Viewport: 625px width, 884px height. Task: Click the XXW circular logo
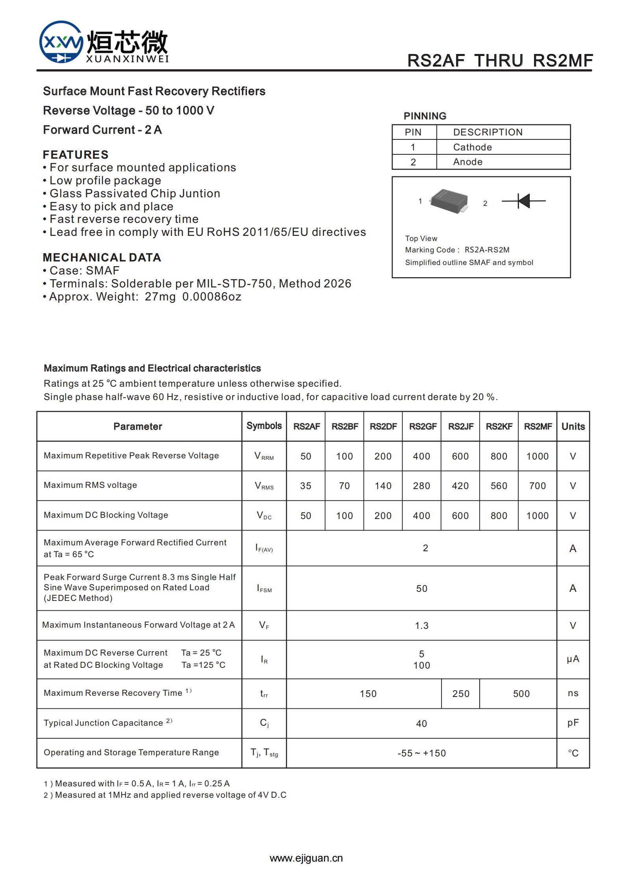point(61,42)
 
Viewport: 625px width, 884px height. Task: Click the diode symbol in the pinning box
point(523,201)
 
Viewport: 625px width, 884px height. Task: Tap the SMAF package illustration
point(449,202)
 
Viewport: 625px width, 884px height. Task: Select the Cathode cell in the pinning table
point(472,147)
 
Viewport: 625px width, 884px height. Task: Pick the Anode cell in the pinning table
point(467,162)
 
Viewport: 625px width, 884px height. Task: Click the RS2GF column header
point(422,426)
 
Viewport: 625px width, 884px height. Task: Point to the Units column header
point(573,426)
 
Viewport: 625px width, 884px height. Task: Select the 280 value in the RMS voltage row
point(421,486)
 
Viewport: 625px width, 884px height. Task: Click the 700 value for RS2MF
point(537,486)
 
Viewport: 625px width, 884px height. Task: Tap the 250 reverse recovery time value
point(461,694)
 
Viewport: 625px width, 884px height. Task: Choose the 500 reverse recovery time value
point(521,694)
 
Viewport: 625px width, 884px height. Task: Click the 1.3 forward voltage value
point(421,626)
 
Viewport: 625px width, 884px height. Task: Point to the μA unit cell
point(573,659)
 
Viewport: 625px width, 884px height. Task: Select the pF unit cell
point(573,723)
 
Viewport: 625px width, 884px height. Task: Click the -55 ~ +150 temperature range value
point(421,753)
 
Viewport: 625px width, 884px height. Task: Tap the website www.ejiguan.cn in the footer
point(306,858)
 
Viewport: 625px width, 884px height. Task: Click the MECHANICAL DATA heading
point(102,258)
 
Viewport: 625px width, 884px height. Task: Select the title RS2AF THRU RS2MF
point(500,61)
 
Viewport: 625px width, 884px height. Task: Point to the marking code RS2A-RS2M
point(487,250)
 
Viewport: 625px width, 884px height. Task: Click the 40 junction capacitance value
point(421,724)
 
